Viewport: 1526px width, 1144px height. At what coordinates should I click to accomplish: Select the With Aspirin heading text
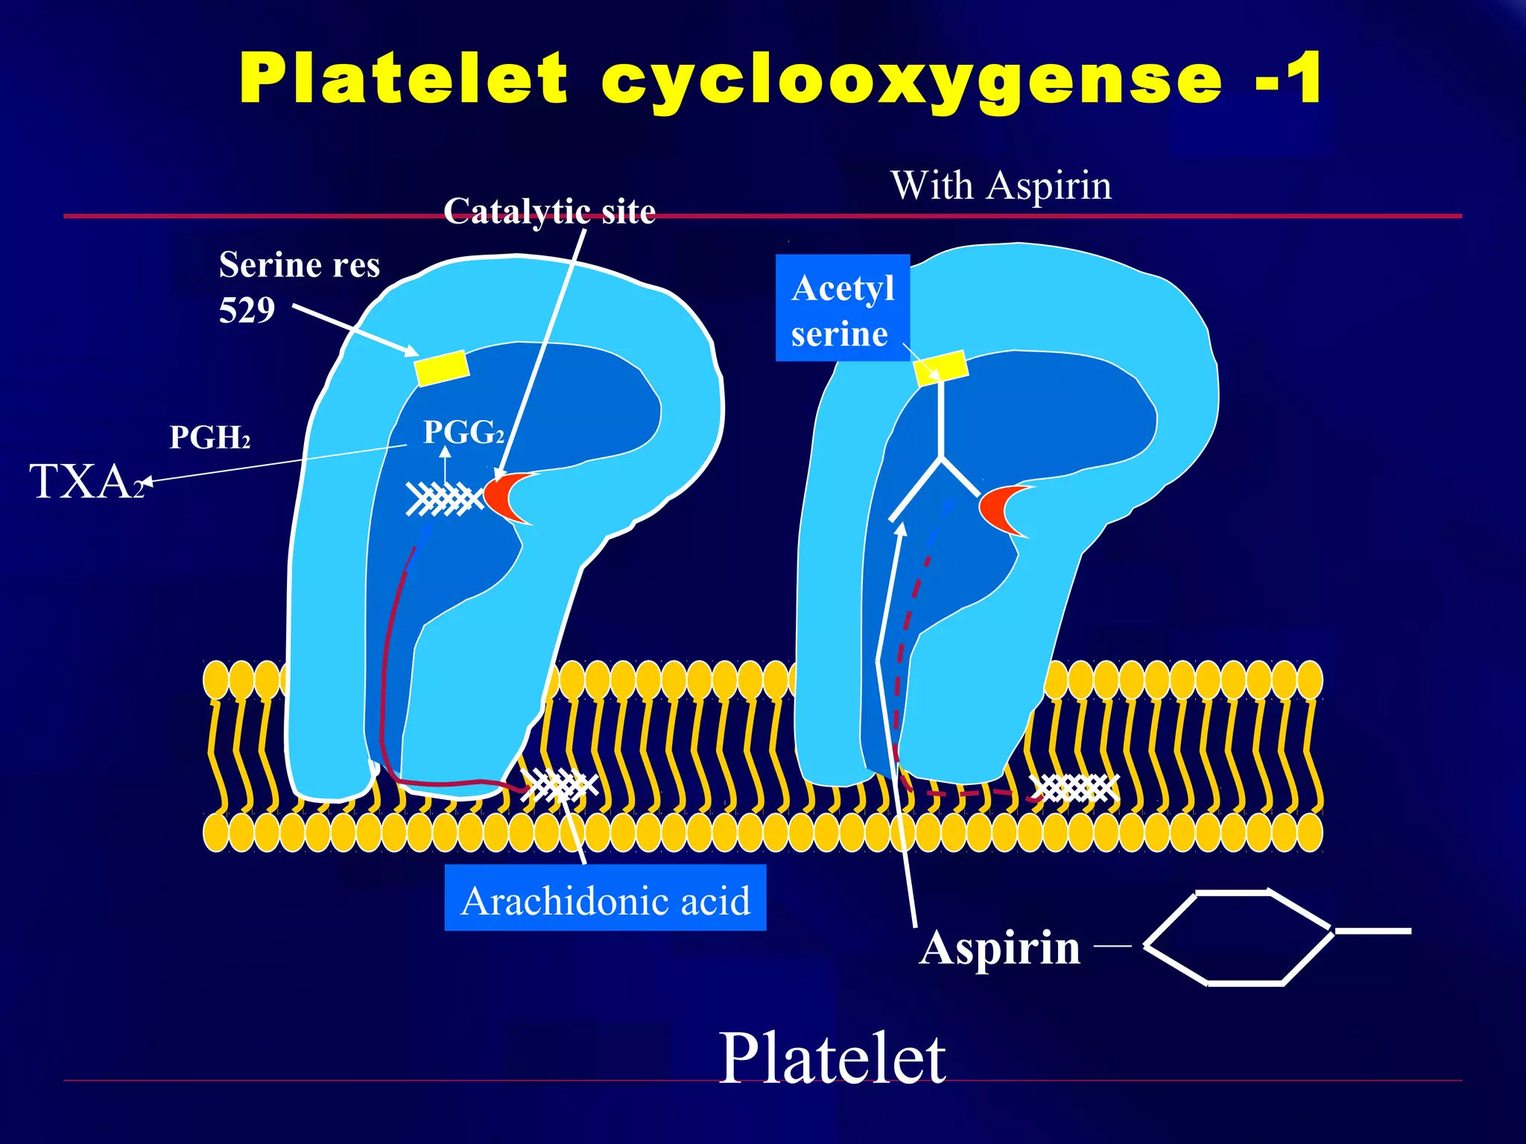[1001, 185]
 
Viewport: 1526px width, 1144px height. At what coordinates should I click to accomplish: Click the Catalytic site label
[549, 212]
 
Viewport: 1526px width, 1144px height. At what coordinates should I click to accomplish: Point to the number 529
[247, 310]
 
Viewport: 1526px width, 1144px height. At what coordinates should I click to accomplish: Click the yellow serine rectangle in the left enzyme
[441, 368]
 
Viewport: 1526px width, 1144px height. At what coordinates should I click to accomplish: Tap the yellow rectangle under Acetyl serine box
[942, 368]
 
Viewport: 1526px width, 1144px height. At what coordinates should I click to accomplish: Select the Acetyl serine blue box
[842, 308]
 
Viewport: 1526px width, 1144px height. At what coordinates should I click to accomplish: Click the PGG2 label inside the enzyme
[463, 432]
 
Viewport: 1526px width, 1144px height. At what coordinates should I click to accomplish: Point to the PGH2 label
[209, 438]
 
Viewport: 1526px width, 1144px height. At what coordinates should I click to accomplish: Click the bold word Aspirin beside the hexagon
[999, 948]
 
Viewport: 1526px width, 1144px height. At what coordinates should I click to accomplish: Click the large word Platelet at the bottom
[832, 1058]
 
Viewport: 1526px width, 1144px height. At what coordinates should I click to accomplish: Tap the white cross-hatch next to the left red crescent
[444, 498]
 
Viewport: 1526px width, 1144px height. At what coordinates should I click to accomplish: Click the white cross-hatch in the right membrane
[1077, 787]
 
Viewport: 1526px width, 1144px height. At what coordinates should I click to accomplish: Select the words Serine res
[299, 265]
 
